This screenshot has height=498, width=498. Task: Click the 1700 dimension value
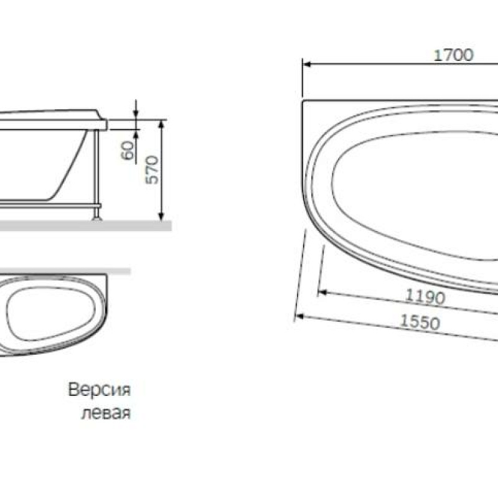point(453,55)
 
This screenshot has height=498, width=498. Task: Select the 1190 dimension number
point(425,296)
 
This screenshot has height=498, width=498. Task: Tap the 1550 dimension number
point(420,322)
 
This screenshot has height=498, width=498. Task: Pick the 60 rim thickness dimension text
point(128,151)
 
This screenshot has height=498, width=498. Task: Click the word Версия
point(99,391)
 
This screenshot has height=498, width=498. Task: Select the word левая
point(105,414)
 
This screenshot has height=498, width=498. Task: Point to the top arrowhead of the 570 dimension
point(161,122)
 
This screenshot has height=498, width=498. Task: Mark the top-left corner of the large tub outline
point(303,100)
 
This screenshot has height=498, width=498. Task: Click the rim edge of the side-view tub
point(103,124)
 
